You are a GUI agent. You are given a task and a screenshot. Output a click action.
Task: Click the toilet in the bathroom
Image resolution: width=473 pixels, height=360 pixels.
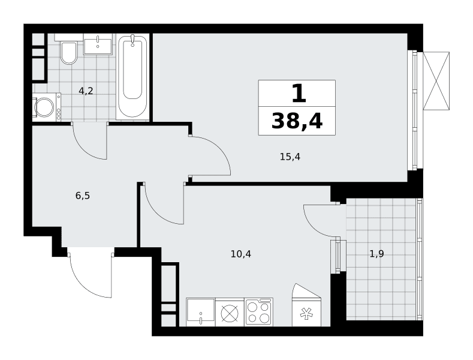(69, 53)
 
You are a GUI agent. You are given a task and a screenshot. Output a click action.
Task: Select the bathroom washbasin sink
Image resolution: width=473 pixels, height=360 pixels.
(98, 44)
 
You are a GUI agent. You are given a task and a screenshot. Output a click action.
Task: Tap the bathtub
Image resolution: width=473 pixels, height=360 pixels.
(132, 76)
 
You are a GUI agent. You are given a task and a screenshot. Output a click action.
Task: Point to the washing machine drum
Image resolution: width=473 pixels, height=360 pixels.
(44, 107)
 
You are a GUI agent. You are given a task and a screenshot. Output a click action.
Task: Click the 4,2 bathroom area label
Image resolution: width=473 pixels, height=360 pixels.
(86, 91)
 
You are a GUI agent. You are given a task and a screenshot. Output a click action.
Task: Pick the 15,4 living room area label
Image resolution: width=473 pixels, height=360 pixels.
(290, 157)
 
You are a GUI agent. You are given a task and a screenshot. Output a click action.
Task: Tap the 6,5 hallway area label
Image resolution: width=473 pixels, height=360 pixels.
(83, 196)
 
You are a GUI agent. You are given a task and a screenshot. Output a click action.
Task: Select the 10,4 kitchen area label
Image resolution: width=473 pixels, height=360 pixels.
(241, 254)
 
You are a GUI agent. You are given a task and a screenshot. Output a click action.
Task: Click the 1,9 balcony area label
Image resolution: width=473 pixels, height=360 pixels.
(376, 254)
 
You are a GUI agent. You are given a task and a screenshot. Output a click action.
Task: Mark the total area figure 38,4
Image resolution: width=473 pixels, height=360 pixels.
(297, 121)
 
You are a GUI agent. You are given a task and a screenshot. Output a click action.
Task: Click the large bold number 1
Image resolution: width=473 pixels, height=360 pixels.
(299, 94)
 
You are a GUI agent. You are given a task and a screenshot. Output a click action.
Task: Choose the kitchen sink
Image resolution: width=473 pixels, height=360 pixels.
(201, 312)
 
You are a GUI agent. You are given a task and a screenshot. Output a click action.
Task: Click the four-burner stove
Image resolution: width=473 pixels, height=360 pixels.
(259, 311)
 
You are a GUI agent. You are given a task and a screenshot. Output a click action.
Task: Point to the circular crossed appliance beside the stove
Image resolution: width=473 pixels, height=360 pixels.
(230, 313)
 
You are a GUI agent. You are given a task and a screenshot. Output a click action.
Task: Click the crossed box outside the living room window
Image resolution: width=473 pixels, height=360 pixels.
(436, 80)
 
